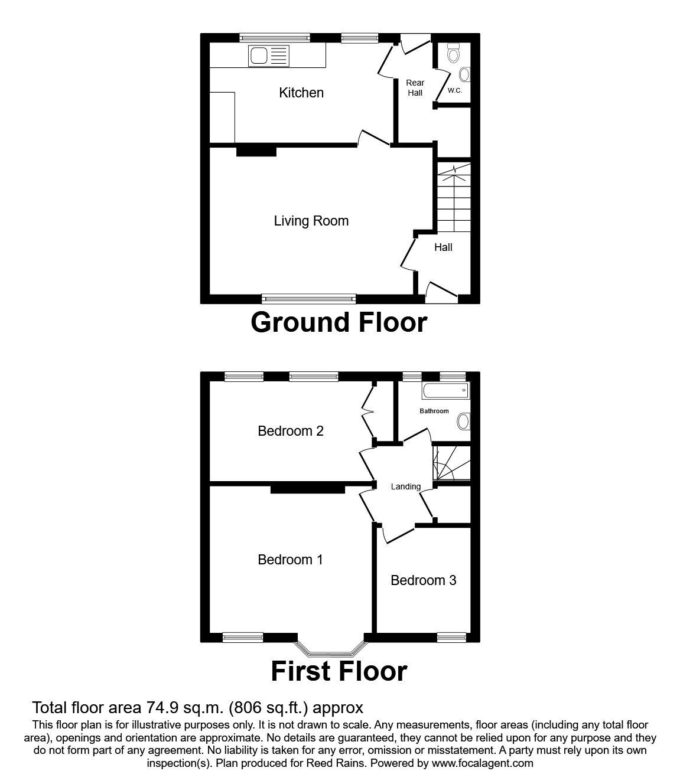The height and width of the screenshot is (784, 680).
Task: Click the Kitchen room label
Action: [x=301, y=93]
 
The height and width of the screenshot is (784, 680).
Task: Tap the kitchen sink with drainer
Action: [x=268, y=55]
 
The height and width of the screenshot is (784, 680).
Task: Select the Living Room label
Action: [x=311, y=221]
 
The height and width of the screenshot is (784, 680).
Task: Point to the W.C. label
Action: [x=454, y=91]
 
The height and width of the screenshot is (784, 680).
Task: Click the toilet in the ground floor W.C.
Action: [x=453, y=53]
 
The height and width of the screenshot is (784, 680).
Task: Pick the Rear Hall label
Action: [x=415, y=88]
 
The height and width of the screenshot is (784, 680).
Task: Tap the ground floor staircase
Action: [x=454, y=197]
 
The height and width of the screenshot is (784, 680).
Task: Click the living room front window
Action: [x=308, y=299]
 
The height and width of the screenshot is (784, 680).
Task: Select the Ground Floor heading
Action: [x=339, y=323]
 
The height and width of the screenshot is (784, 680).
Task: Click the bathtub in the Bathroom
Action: [x=445, y=390]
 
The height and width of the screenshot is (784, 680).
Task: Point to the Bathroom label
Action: [x=434, y=411]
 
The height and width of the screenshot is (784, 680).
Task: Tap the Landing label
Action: [x=406, y=486]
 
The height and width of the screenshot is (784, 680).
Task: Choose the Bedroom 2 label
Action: [x=291, y=431]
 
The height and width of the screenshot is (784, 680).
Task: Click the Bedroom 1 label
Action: [x=290, y=560]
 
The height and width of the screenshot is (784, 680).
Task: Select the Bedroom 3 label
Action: [x=424, y=581]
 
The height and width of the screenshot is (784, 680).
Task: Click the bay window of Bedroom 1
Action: [x=331, y=649]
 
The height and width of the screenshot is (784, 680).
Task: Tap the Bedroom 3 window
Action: [x=451, y=638]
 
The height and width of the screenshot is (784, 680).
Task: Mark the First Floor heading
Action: [x=339, y=672]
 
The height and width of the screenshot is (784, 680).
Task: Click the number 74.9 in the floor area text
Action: [x=161, y=708]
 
